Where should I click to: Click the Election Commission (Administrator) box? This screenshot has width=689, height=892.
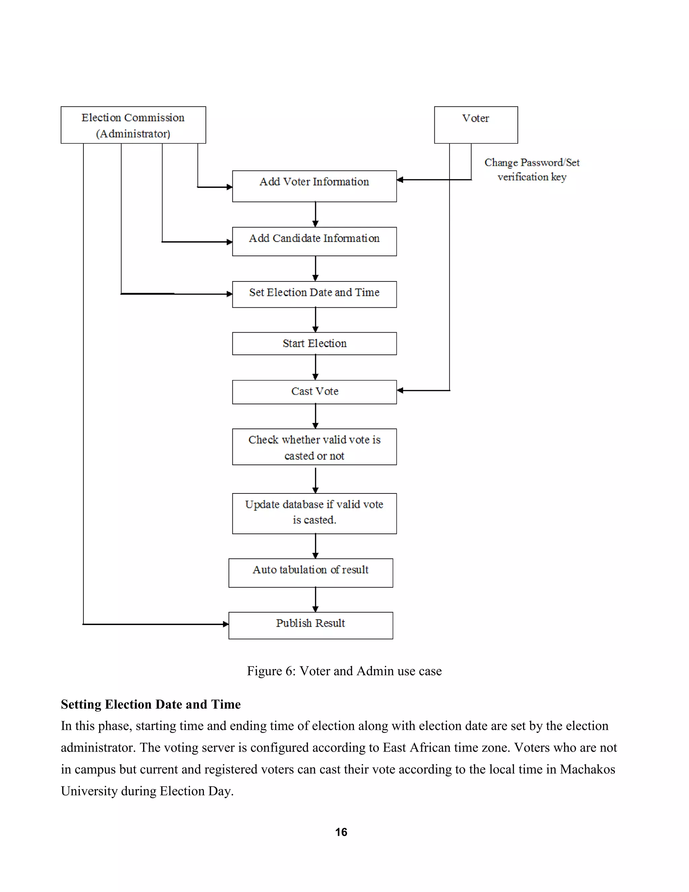coord(133,125)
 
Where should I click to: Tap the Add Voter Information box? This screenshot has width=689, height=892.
coord(314,186)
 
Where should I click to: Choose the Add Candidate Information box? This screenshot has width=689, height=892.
coord(314,241)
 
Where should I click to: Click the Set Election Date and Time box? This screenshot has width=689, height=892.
coord(314,294)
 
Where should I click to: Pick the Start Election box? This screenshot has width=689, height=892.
coord(314,343)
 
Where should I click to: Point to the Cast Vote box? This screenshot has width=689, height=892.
coord(314,392)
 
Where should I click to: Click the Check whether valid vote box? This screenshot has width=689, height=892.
coord(314,447)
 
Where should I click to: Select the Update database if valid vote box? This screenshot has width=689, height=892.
coord(314,513)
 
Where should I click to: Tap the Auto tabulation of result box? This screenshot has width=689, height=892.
coord(311,573)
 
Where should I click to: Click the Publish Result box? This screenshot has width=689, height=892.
coord(311,625)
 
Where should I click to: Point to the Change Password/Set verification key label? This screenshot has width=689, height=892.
coord(532,170)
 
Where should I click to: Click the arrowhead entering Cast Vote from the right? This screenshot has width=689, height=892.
coord(400,390)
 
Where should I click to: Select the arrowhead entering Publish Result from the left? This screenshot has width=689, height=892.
coord(226,624)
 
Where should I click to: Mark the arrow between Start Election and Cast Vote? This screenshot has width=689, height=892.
coord(315,368)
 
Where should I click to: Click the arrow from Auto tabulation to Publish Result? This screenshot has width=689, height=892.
coord(315,599)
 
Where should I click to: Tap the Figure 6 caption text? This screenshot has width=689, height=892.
coord(344,671)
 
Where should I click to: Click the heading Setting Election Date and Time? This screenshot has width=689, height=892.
coord(151,705)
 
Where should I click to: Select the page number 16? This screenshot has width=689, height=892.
coord(341,832)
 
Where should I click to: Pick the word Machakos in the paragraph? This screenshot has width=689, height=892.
coord(587,769)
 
